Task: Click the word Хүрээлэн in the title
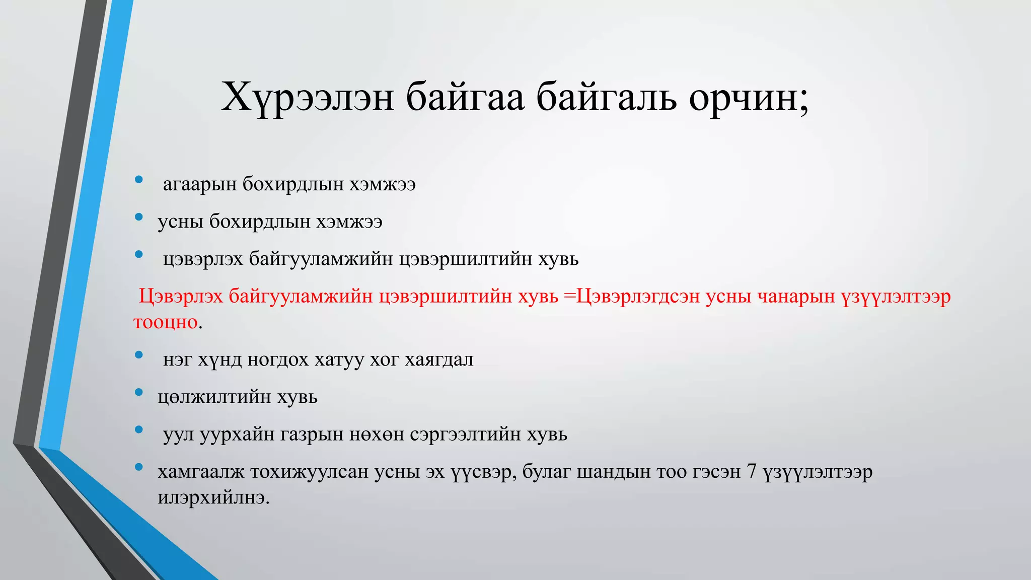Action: pyautogui.click(x=307, y=97)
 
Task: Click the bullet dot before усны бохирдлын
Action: pyautogui.click(x=139, y=217)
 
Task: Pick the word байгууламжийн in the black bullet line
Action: pyautogui.click(x=321, y=259)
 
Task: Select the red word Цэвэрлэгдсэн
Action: pyautogui.click(x=637, y=297)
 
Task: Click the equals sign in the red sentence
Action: pyautogui.click(x=569, y=297)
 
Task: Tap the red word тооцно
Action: pyautogui.click(x=166, y=322)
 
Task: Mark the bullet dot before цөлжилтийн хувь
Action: pyautogui.click(x=139, y=392)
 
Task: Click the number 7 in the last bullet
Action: pyautogui.click(x=752, y=472)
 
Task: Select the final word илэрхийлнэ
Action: pyautogui.click(x=213, y=498)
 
